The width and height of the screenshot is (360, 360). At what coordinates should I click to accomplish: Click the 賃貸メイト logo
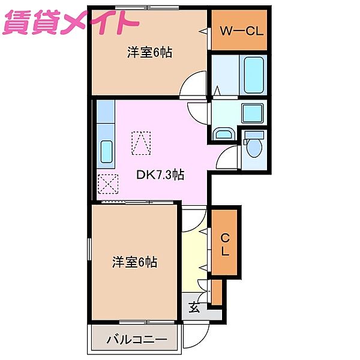coord(71,23)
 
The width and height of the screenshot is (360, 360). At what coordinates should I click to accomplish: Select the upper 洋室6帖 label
coord(149,53)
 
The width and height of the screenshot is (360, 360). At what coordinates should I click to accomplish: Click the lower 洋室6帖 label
coord(135,262)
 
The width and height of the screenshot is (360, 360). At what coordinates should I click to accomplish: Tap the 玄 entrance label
coord(194,308)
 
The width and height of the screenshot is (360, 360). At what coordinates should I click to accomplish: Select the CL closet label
coord(225,245)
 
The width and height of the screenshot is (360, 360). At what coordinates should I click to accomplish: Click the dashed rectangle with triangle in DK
coord(142,143)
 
